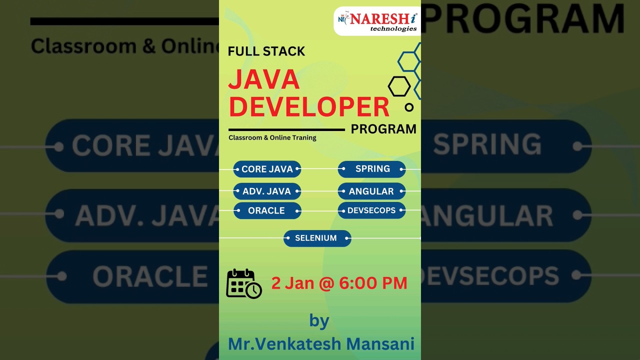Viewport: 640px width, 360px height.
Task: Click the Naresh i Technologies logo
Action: (x=376, y=21)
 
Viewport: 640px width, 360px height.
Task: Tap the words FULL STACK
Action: (x=266, y=51)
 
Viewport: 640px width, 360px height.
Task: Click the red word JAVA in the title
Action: (x=264, y=80)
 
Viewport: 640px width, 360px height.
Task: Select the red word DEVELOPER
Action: (x=308, y=106)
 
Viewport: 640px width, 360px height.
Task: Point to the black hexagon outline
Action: (x=399, y=86)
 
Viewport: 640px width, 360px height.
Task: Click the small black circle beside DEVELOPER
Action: (x=409, y=107)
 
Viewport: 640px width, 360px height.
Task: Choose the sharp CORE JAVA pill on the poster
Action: (x=267, y=169)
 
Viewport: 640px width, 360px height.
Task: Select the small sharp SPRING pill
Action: (x=372, y=169)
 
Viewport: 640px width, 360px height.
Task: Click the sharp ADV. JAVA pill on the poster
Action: (x=267, y=191)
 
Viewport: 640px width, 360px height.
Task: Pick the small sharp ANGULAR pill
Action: (x=371, y=191)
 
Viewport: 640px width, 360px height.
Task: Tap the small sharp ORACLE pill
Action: (x=267, y=210)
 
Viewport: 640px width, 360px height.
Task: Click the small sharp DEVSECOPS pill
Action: (x=371, y=210)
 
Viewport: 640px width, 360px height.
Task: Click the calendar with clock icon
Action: (x=243, y=283)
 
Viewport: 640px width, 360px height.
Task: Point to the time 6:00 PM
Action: (x=373, y=283)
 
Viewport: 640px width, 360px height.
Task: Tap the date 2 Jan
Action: (x=292, y=283)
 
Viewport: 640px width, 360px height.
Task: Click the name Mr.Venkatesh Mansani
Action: (x=321, y=344)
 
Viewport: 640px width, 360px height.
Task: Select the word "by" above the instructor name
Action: (x=319, y=320)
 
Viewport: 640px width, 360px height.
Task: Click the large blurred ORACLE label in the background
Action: (x=150, y=276)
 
